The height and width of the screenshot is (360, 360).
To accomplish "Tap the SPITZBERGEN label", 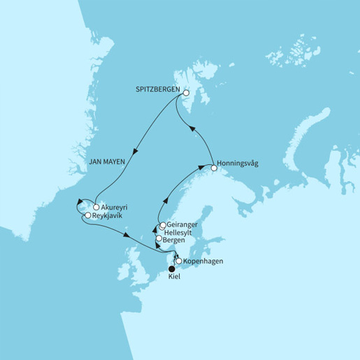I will (158, 91).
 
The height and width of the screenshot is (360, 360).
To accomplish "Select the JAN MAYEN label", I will (106, 161).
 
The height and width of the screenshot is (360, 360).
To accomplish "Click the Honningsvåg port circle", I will (213, 166).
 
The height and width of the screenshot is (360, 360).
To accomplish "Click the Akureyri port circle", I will (95, 208).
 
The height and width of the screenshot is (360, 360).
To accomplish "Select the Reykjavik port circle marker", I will (87, 216).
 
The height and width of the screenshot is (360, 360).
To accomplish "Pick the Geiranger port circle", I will (163, 224).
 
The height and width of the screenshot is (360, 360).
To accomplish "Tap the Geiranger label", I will (183, 224).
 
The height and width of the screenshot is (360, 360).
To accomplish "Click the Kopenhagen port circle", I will (179, 261).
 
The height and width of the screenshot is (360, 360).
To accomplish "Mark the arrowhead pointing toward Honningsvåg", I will (200, 168).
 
